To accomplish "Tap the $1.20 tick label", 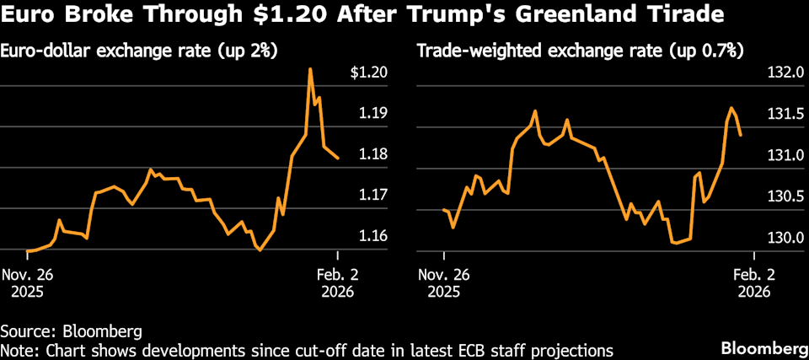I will click(368, 73).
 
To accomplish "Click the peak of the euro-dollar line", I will click(310, 69).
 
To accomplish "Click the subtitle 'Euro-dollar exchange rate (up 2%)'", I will click(140, 51).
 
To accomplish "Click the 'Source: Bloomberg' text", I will click(71, 330).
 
